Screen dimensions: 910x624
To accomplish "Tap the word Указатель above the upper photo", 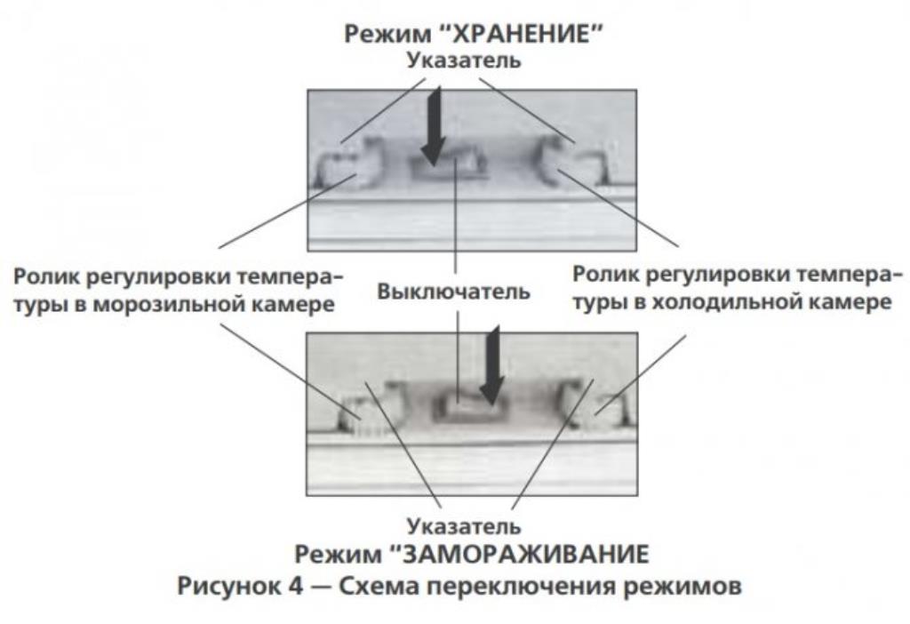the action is [x=464, y=60].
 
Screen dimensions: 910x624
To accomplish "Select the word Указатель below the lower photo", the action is [x=464, y=526].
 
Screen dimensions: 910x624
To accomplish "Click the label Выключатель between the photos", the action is [x=454, y=291].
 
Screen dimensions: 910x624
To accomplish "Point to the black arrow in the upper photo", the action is [x=434, y=126].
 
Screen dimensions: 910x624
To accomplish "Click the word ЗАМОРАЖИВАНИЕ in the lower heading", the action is [x=525, y=555].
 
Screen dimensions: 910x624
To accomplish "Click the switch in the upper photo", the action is [x=449, y=163].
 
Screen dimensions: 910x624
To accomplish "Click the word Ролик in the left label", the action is [x=46, y=276].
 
